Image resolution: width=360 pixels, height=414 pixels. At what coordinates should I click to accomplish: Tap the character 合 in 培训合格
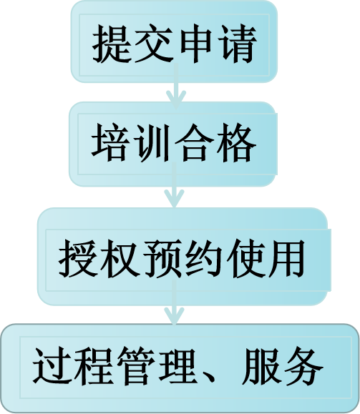coord(194,142)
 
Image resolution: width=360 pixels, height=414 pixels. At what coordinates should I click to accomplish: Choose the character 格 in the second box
coord(236,142)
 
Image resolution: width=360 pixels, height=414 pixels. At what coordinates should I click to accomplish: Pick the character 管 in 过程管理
coord(137,367)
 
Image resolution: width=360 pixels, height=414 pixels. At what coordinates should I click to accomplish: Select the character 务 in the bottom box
coord(303,367)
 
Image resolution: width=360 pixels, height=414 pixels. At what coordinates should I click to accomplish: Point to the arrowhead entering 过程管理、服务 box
coord(174,315)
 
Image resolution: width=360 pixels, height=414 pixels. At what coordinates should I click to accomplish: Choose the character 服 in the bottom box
coord(262,367)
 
